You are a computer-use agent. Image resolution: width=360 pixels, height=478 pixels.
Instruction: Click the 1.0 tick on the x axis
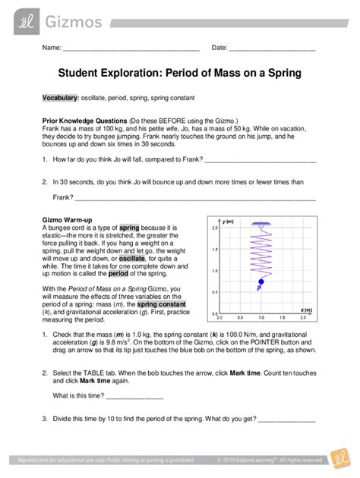(x=262, y=317)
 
